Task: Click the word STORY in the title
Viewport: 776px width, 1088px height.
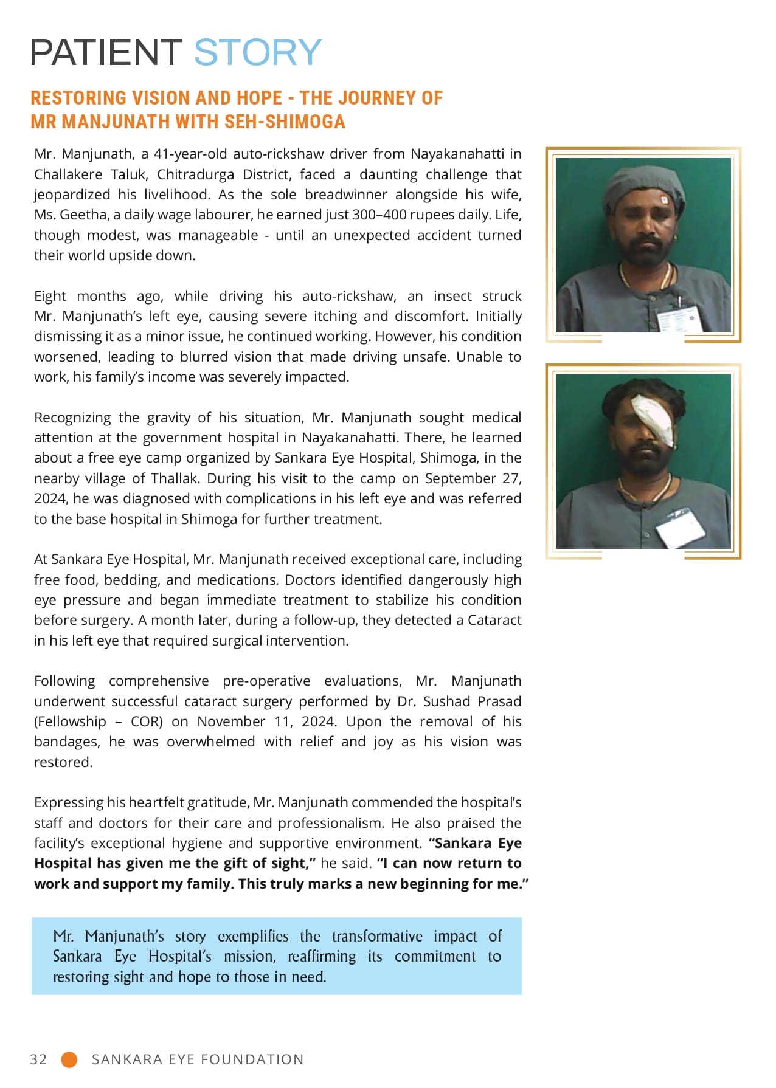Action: point(258,52)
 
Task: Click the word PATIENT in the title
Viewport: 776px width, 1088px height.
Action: point(106,52)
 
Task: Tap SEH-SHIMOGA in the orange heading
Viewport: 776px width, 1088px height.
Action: point(285,122)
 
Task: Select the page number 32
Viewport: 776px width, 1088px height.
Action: point(38,1059)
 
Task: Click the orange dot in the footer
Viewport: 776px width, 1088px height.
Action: point(69,1059)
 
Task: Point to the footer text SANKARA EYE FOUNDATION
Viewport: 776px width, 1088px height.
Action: point(198,1059)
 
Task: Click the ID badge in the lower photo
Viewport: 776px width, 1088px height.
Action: point(681,527)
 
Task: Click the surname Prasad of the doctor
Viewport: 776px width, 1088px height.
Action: point(499,701)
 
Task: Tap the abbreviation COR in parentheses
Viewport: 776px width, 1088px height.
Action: point(147,721)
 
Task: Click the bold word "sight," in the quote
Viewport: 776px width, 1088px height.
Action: point(291,863)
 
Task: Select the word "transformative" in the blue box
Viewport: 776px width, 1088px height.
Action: point(377,936)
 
